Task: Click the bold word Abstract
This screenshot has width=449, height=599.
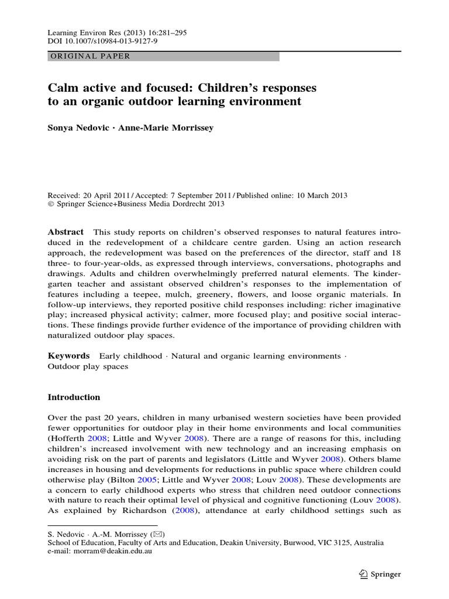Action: [65, 232]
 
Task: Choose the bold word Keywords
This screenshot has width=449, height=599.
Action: [68, 356]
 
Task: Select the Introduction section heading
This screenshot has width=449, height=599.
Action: [74, 397]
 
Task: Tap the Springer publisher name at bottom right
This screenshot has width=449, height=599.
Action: [386, 574]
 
